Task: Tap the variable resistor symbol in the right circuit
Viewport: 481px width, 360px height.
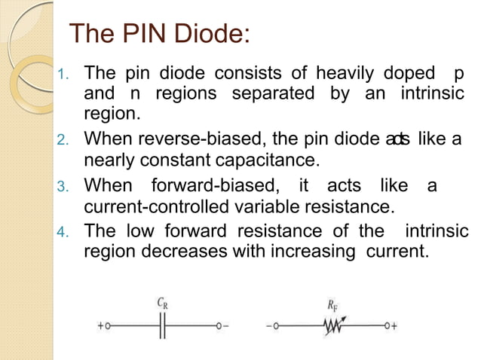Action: tap(332, 326)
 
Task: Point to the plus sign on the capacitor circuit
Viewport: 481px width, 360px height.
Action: tap(100, 326)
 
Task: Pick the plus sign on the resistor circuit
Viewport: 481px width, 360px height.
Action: tap(394, 326)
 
